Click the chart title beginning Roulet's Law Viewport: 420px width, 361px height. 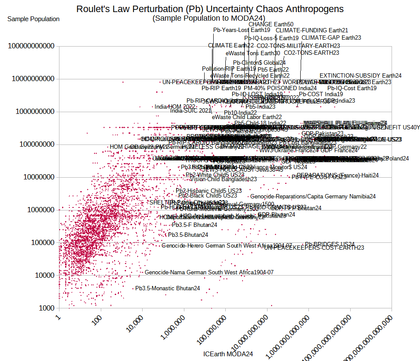210,9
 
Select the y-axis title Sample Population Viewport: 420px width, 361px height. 34,19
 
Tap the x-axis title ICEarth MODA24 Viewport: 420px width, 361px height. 228,354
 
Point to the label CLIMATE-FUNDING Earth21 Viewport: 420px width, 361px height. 312,31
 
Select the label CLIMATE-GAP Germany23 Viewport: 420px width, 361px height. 325,38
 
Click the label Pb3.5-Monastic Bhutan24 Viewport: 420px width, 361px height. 168,288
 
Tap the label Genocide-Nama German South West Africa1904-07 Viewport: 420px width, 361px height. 209,273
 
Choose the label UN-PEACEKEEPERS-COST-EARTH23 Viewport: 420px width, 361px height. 314,248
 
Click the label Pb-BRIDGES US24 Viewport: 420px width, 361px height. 330,244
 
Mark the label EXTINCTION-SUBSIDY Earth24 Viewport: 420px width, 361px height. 361,76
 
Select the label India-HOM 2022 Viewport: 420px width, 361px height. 175,107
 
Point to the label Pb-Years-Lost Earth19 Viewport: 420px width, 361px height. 242,30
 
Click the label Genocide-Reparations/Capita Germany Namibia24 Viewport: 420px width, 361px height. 313,197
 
